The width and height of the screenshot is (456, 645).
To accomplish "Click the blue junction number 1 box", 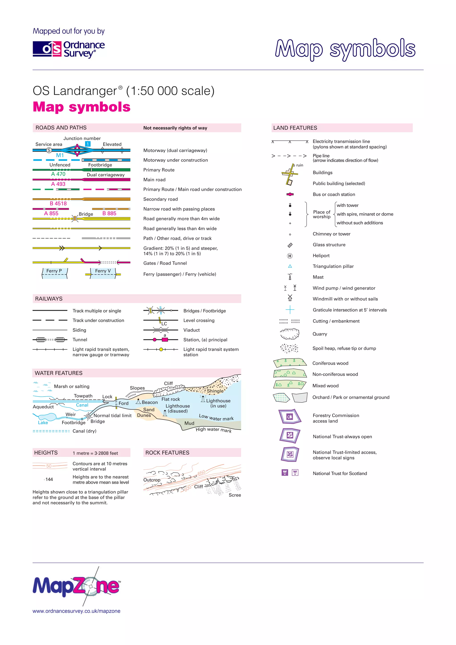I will pyautogui.click(x=88, y=144).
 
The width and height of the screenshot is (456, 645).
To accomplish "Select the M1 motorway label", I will pyautogui.click(x=60, y=155).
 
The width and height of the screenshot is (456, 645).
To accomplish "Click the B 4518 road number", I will pyautogui.click(x=58, y=203).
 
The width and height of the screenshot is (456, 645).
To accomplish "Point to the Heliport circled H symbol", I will pyautogui.click(x=290, y=256).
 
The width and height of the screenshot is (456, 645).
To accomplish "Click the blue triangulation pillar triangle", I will pyautogui.click(x=290, y=266).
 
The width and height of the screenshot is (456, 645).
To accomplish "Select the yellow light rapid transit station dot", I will pyautogui.click(x=161, y=350).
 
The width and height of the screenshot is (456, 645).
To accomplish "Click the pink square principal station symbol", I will pyautogui.click(x=165, y=340).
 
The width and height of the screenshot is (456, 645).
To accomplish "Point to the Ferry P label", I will pyautogui.click(x=54, y=271).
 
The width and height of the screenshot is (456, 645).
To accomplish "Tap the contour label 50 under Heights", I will pyautogui.click(x=49, y=466).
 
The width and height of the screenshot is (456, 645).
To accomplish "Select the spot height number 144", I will pyautogui.click(x=49, y=479).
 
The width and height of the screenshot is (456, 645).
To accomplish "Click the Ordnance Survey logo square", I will pyautogui.click(x=47, y=49).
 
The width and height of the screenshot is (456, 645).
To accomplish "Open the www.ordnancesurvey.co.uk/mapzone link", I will pyautogui.click(x=76, y=611).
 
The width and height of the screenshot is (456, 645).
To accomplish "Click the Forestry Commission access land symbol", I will pyautogui.click(x=290, y=417).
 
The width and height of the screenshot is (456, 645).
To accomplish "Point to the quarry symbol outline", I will pyautogui.click(x=289, y=334).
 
